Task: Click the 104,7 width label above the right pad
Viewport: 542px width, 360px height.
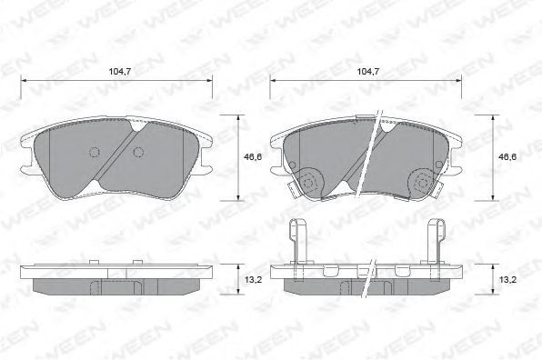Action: pos(368,72)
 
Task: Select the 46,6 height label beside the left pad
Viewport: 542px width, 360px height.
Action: pos(253,157)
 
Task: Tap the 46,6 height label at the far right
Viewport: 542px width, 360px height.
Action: pos(507,157)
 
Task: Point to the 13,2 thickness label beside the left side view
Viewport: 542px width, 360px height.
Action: pos(254,279)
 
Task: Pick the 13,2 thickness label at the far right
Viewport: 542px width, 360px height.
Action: pos(507,279)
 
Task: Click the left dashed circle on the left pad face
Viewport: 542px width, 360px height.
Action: pos(95,152)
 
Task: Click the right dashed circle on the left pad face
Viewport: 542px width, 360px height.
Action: pos(138,152)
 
